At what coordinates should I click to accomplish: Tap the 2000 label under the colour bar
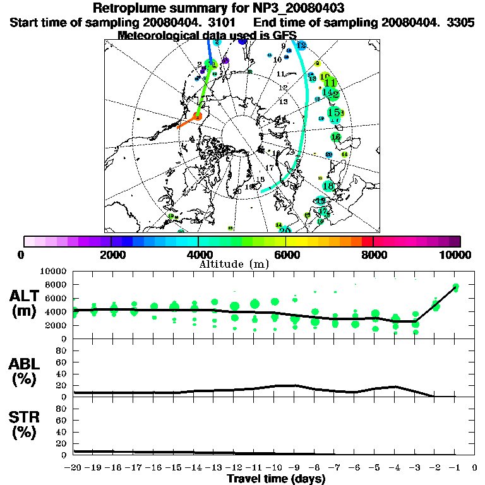point(111,254)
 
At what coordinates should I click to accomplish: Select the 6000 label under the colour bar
point(286,254)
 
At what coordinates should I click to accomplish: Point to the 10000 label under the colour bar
point(456,254)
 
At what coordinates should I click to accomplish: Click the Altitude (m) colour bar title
point(234,263)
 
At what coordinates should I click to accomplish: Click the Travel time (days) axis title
point(276,479)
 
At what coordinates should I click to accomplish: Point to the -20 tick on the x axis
point(73,469)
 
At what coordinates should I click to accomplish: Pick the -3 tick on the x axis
point(415,469)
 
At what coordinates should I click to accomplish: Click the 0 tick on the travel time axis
point(475,469)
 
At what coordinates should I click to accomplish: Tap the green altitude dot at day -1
point(455,288)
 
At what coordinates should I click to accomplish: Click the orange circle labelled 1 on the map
point(198,116)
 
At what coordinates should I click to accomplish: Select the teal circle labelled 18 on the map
point(328,186)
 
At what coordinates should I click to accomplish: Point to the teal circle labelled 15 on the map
point(334,112)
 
